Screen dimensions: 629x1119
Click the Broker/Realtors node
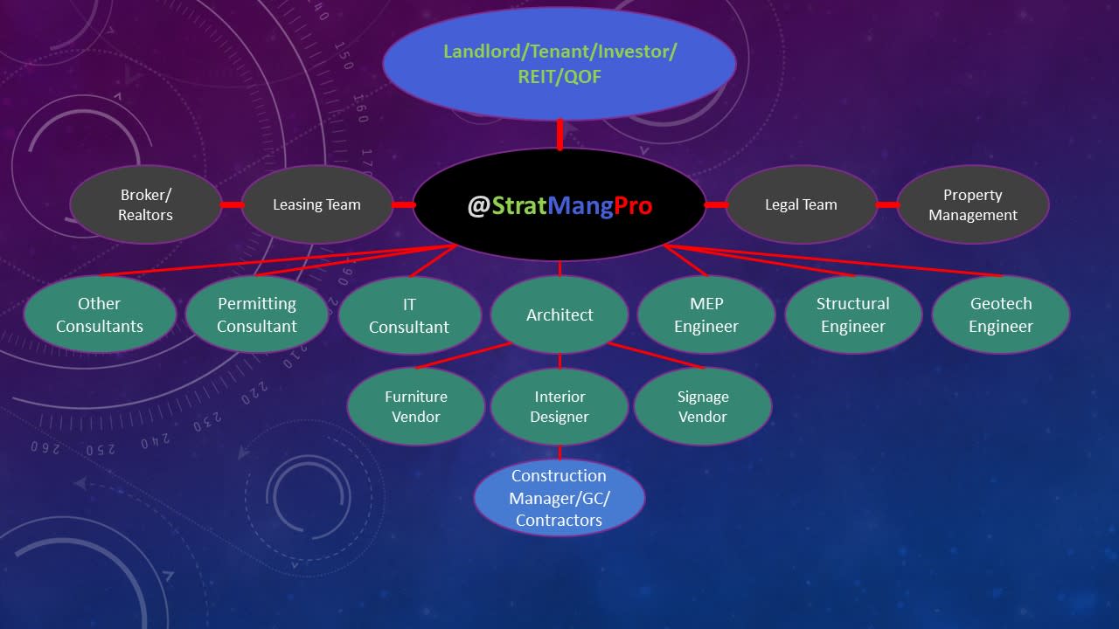[x=145, y=205]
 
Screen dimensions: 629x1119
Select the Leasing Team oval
[x=316, y=205]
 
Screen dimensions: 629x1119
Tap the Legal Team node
[x=801, y=205]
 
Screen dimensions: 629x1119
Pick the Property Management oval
[x=972, y=205]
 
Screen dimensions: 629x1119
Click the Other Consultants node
[x=100, y=314]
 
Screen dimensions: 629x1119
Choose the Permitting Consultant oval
[x=257, y=314]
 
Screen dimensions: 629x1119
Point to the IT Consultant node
[x=409, y=315]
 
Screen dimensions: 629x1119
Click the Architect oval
[x=559, y=314]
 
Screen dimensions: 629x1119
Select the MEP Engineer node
[x=706, y=314]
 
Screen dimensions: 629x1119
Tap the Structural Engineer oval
[x=853, y=314]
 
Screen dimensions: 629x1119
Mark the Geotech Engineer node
[x=1001, y=314]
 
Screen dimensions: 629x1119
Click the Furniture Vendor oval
[x=416, y=406]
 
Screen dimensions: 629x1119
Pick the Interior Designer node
[x=559, y=406]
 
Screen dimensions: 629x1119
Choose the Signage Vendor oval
[x=703, y=406]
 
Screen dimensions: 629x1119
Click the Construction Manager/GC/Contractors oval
[x=559, y=498]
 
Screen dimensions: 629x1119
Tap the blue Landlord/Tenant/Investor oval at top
[x=559, y=64]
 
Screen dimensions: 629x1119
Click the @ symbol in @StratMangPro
[x=478, y=206]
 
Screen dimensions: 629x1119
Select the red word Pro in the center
[x=632, y=206]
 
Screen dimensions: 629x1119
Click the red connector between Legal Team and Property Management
[x=887, y=205]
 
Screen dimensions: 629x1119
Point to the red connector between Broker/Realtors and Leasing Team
[x=232, y=205]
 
